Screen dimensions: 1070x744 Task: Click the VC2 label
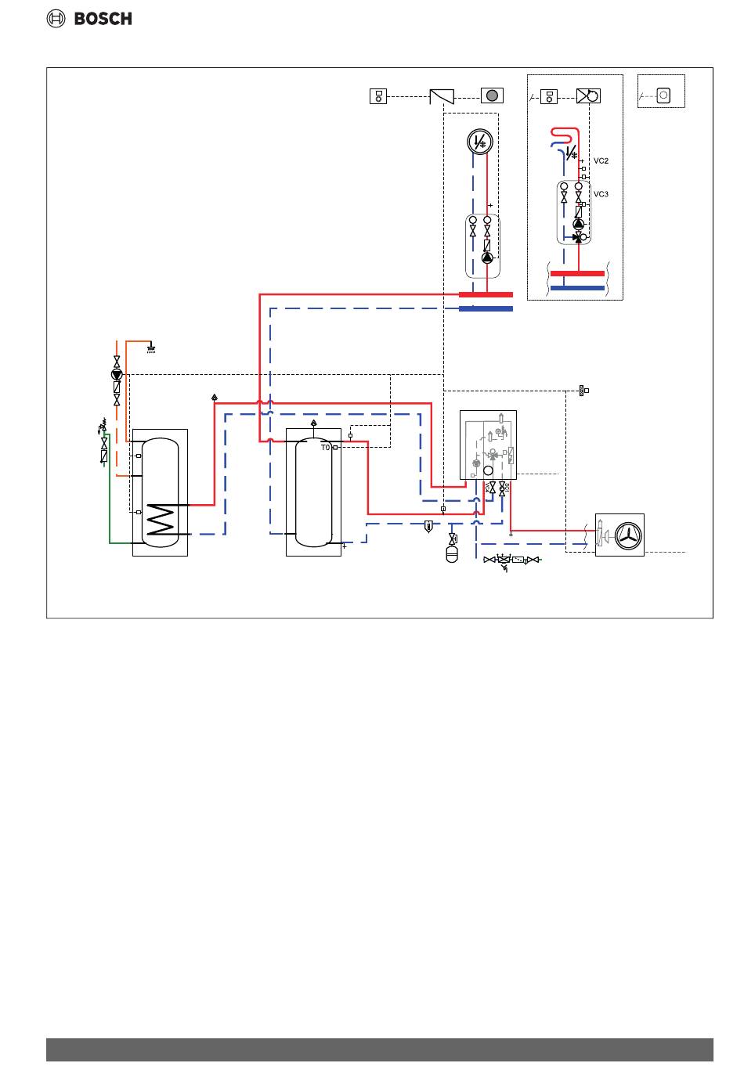click(x=601, y=161)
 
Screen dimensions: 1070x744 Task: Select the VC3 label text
click(x=601, y=194)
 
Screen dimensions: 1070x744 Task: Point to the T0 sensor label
click(x=325, y=448)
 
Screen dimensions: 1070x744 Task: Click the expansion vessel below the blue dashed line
click(x=452, y=553)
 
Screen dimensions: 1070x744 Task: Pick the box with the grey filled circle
click(x=492, y=95)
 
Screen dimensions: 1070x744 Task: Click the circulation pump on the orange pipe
click(x=117, y=374)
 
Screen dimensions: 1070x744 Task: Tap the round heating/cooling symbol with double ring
click(x=479, y=142)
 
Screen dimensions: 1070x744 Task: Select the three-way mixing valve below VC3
click(x=579, y=236)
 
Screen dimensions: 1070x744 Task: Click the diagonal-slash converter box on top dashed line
click(x=442, y=96)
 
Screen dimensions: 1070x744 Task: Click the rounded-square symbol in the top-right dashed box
click(x=663, y=95)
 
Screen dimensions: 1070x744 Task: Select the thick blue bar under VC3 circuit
click(x=577, y=288)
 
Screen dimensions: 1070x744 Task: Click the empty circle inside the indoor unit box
click(x=488, y=470)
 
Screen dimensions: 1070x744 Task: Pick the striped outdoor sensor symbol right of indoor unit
click(x=582, y=390)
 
